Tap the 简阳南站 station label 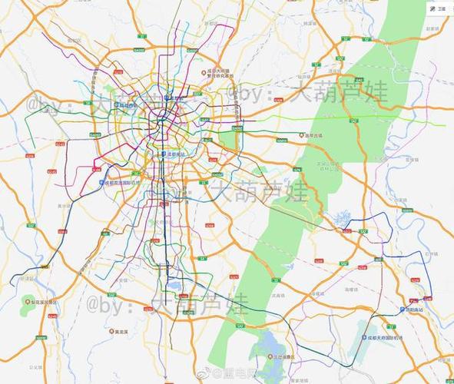(x=413, y=310)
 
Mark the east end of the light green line (x=444, y=124)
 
